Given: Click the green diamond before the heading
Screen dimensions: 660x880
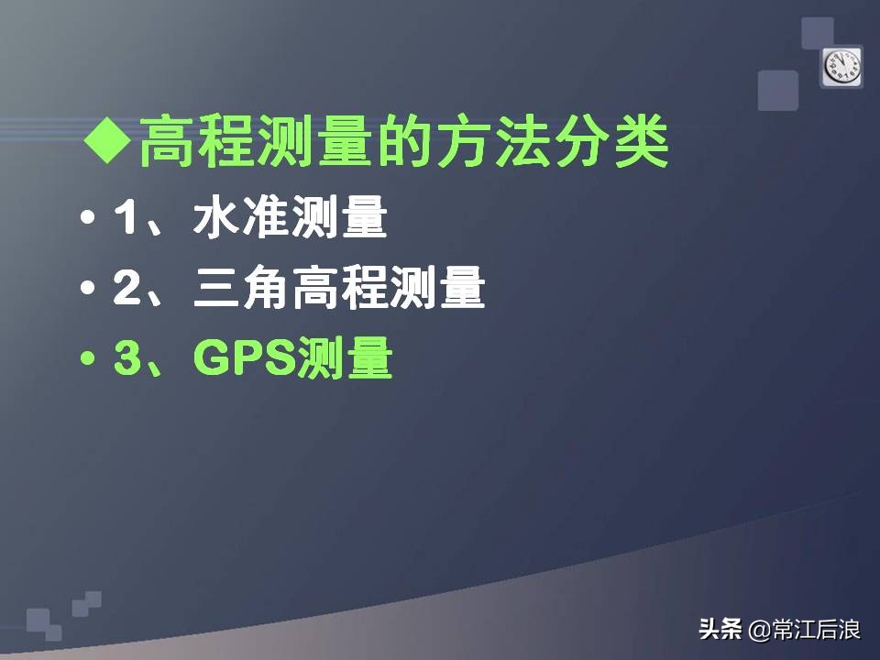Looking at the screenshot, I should [107, 140].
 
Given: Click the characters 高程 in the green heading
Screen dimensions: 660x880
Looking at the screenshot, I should [192, 141].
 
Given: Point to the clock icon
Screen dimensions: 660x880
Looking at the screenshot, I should [841, 66].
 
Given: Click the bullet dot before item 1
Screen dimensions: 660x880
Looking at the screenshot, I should [88, 221].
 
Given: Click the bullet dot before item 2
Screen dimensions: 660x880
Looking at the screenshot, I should [88, 291].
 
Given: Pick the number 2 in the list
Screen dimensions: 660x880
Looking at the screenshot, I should [126, 291].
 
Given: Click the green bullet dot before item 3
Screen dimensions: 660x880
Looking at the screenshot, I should [88, 359].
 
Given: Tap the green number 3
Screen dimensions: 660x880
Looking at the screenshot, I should [126, 359].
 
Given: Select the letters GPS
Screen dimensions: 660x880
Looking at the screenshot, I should [244, 359].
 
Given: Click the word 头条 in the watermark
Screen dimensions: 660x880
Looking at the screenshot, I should [720, 631].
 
